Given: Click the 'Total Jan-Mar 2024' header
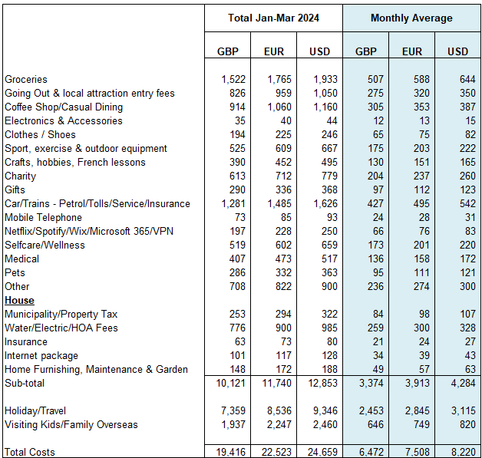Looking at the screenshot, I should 273,18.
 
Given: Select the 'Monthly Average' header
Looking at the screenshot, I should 411,18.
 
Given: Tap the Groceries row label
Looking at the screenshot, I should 26,80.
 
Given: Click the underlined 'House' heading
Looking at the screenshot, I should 19,301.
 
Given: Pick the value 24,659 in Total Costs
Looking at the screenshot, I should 319,451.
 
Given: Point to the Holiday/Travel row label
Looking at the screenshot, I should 36,411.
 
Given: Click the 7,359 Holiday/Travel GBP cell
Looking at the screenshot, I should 228,411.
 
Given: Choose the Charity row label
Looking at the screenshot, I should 21,176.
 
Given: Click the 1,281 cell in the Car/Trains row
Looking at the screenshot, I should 228,204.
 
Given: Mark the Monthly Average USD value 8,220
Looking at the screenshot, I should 457,451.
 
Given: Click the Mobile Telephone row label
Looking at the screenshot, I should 43,218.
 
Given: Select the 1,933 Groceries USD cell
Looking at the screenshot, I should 319,80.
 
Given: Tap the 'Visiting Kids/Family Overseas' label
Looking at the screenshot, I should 71,425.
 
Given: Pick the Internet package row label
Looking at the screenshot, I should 41,356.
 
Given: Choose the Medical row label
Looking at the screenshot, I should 21,259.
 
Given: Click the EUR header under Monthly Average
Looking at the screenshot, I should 411,52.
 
